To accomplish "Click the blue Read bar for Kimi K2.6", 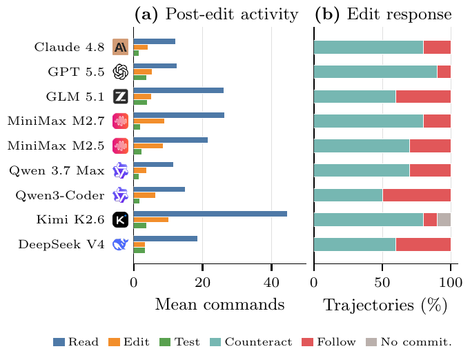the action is [210, 214].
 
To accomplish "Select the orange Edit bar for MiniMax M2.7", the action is [149, 121].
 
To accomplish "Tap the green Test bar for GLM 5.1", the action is [140, 103].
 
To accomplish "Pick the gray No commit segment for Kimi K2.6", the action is [444, 220].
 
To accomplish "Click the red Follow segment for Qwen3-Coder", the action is [417, 195].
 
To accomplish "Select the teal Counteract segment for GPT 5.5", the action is [375, 72].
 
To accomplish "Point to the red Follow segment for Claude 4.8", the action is [437, 47].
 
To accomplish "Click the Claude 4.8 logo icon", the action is [121, 47].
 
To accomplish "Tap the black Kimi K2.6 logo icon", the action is [121, 220].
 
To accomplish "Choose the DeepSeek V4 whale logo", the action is [121, 244].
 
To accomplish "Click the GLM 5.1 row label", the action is [75, 97].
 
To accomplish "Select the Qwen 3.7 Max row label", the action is [57, 171].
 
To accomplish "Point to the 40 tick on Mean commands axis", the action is [271, 283].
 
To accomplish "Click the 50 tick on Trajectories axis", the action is [382, 283].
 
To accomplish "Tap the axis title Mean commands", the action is [219, 304].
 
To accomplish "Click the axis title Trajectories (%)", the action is [385, 306].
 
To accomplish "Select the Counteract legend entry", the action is [251, 342].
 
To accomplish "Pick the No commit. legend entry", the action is [409, 342].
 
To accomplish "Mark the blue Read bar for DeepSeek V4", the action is [166, 239].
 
